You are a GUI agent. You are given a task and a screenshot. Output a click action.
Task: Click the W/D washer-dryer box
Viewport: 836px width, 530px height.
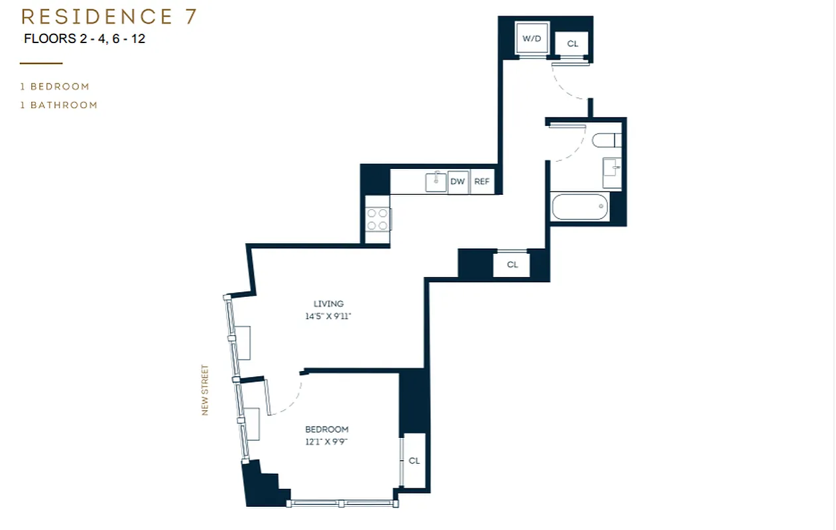532,38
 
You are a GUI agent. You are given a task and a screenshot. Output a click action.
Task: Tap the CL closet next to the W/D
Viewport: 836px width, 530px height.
572,44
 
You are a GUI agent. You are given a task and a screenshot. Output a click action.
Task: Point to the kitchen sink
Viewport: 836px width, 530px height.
436,181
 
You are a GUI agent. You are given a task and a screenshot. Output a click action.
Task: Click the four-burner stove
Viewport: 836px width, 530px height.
378,219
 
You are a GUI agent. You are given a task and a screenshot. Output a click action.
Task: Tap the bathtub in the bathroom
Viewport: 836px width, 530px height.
580,207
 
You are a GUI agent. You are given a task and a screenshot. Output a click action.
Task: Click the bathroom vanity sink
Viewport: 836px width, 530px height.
611,172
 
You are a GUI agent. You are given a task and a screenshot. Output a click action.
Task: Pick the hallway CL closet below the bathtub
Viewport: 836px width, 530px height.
512,265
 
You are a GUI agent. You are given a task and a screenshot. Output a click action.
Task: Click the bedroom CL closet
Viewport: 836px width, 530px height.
414,461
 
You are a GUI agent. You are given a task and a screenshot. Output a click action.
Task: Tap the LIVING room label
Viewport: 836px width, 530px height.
328,304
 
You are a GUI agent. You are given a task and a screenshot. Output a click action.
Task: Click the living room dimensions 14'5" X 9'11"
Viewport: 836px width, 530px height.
328,317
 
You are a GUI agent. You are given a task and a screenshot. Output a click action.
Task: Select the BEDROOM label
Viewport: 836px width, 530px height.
326,429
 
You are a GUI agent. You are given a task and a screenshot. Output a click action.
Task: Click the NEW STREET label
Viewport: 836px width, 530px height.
205,390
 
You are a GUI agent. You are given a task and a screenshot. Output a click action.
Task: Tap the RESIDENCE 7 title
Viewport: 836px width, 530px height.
109,16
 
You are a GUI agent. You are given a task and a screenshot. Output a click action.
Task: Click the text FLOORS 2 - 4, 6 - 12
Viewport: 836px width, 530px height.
84,38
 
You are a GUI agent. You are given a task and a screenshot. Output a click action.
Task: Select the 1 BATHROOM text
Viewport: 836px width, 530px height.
59,105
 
